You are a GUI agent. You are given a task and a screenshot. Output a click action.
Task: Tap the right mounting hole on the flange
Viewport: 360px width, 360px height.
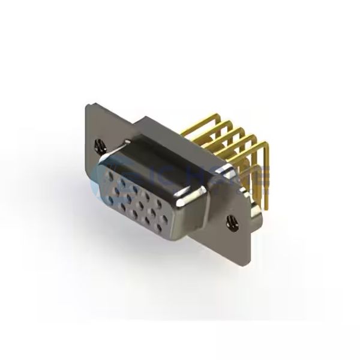230,224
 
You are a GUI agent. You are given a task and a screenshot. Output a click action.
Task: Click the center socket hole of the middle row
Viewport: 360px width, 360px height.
141,197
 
